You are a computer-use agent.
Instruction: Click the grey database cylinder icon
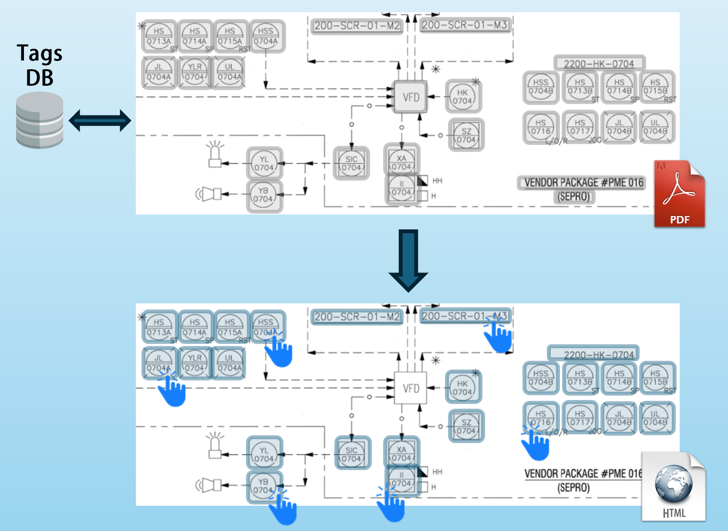pos(40,120)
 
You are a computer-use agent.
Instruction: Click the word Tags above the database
pos(40,53)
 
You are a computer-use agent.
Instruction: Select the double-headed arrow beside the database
pos(100,121)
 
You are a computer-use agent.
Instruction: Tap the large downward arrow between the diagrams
pos(408,260)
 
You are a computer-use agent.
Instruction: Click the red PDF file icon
pos(679,194)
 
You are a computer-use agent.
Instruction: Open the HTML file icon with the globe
pos(674,487)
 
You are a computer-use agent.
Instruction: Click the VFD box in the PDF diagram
pos(411,97)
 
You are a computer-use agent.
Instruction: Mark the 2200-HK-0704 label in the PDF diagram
pos(599,64)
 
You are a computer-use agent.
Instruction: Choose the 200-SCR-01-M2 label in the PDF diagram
pos(357,26)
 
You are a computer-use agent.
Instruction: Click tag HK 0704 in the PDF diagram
pos(462,97)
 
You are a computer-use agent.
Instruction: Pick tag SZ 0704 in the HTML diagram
pos(466,427)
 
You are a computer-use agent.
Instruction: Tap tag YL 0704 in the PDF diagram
pos(264,163)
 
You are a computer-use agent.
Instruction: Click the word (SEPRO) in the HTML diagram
pos(573,487)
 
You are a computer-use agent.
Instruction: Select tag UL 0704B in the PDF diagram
pos(656,127)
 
